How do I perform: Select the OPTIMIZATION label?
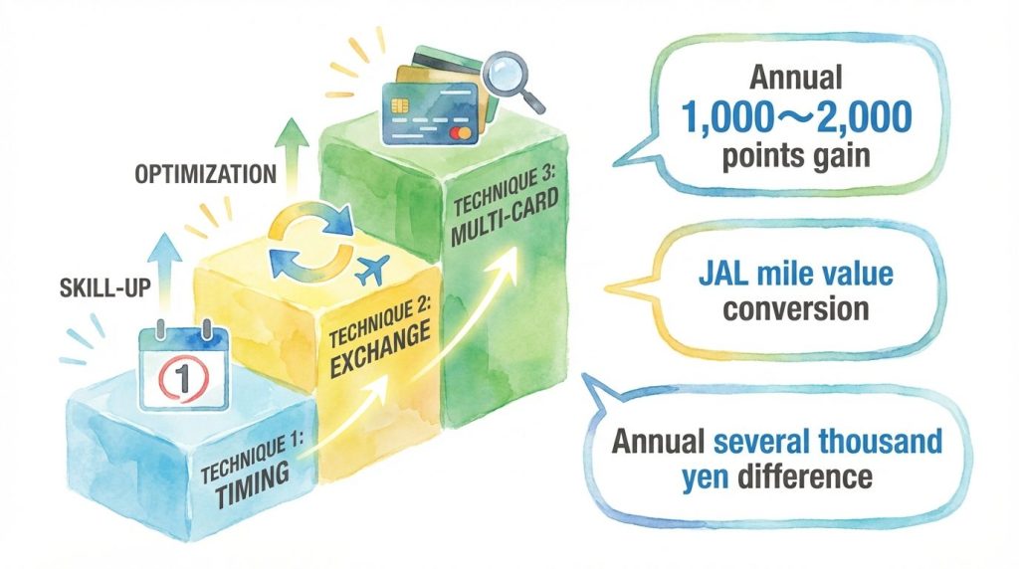click(205, 173)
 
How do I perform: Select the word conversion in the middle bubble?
click(796, 308)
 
